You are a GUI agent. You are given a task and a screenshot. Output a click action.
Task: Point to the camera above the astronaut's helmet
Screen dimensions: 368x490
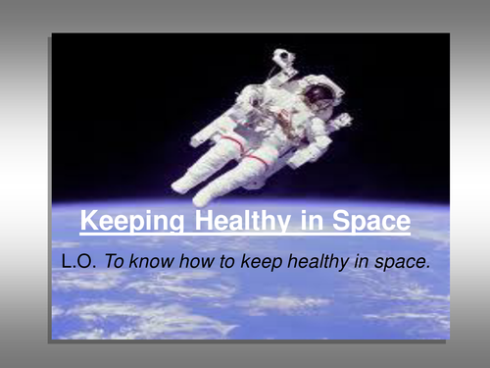[284, 58]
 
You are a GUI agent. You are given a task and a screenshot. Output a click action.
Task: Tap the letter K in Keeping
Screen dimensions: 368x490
[89, 220]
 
